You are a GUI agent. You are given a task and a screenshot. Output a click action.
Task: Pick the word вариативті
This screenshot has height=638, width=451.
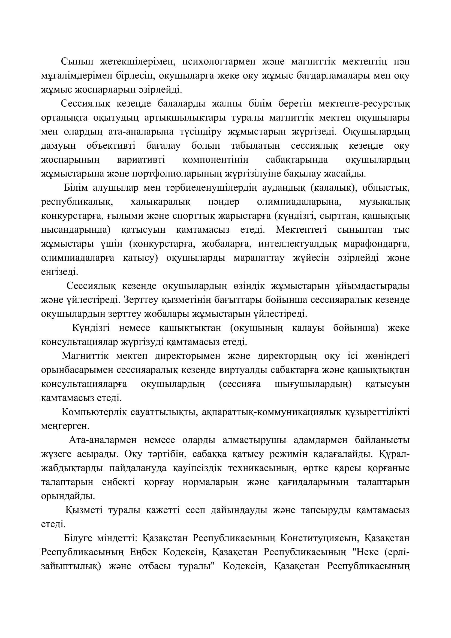coord(141,160)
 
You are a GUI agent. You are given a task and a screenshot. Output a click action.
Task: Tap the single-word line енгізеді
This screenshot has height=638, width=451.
coord(60,272)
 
